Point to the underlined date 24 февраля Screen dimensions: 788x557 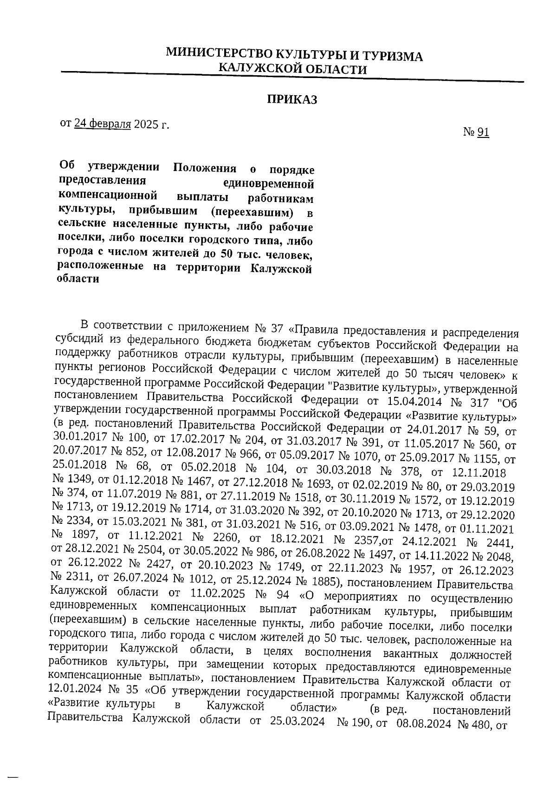point(102,124)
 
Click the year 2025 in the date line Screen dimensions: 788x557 point(146,124)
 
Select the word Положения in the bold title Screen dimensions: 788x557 point(205,168)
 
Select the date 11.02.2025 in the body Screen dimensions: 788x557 point(215,594)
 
